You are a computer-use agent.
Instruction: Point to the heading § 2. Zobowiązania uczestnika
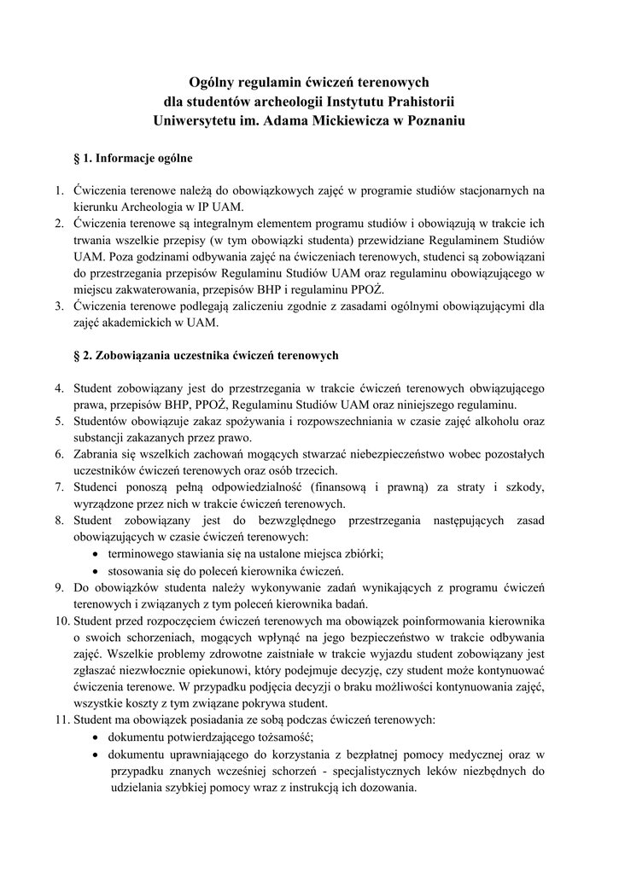(207, 354)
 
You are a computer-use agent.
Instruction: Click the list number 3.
(59, 306)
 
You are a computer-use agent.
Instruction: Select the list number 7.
(59, 487)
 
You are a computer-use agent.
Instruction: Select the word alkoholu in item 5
(494, 421)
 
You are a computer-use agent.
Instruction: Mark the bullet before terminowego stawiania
(96, 553)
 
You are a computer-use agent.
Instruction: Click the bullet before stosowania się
(96, 570)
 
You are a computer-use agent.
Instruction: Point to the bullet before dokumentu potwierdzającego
(96, 737)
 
